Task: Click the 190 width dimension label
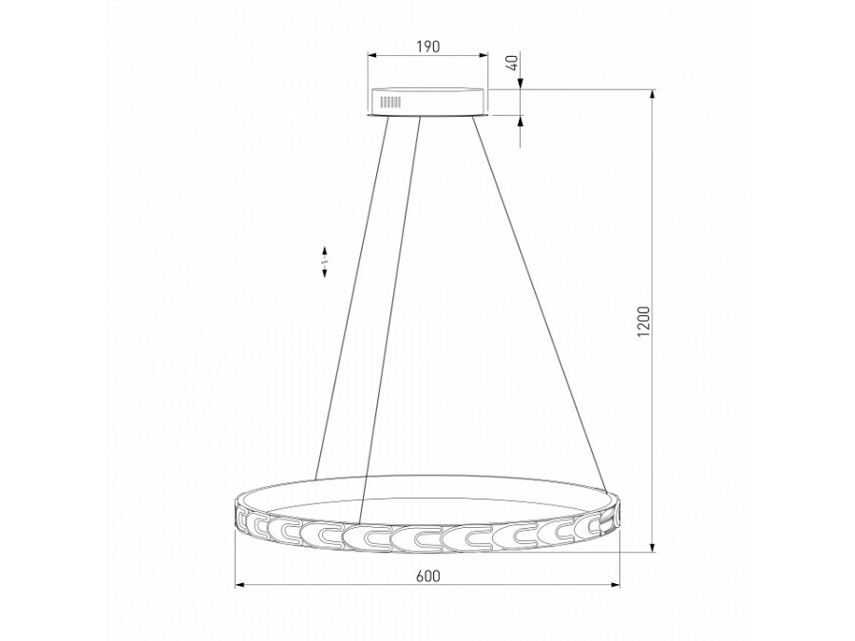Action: pos(427,47)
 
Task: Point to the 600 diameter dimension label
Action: pos(427,575)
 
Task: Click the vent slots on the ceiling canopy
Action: pos(389,100)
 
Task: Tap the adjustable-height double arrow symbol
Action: pos(325,261)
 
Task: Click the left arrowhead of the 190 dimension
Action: pos(372,58)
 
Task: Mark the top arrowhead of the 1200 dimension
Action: pos(653,95)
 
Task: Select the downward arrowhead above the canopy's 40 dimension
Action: pos(522,84)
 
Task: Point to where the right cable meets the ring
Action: pos(604,487)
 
